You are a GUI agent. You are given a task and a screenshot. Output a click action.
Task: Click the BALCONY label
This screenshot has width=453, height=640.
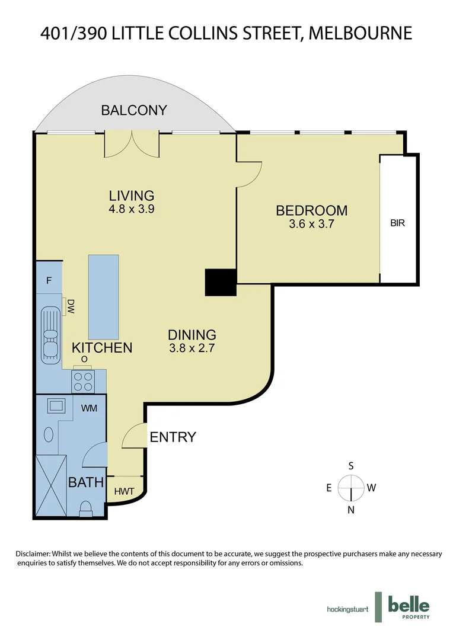point(133,110)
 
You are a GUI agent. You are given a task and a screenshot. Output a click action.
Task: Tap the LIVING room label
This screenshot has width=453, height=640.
point(131,196)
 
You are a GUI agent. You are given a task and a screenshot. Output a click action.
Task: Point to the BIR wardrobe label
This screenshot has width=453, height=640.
point(397,224)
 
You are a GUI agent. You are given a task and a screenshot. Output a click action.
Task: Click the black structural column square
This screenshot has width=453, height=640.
point(221,282)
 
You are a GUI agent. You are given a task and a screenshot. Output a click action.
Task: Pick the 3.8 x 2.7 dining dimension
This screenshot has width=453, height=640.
point(191,348)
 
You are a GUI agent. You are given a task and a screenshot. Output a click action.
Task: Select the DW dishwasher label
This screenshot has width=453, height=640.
point(71,306)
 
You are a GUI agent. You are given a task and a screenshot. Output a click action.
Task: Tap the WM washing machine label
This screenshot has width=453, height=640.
point(90,408)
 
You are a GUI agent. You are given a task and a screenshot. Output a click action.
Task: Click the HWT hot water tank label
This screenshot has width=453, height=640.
point(125,491)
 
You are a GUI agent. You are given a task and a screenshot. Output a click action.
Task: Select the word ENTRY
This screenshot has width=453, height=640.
point(173,437)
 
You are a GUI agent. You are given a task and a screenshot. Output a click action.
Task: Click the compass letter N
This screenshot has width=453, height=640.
point(351,510)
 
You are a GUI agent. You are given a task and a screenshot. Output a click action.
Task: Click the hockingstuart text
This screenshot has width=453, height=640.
point(347,609)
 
